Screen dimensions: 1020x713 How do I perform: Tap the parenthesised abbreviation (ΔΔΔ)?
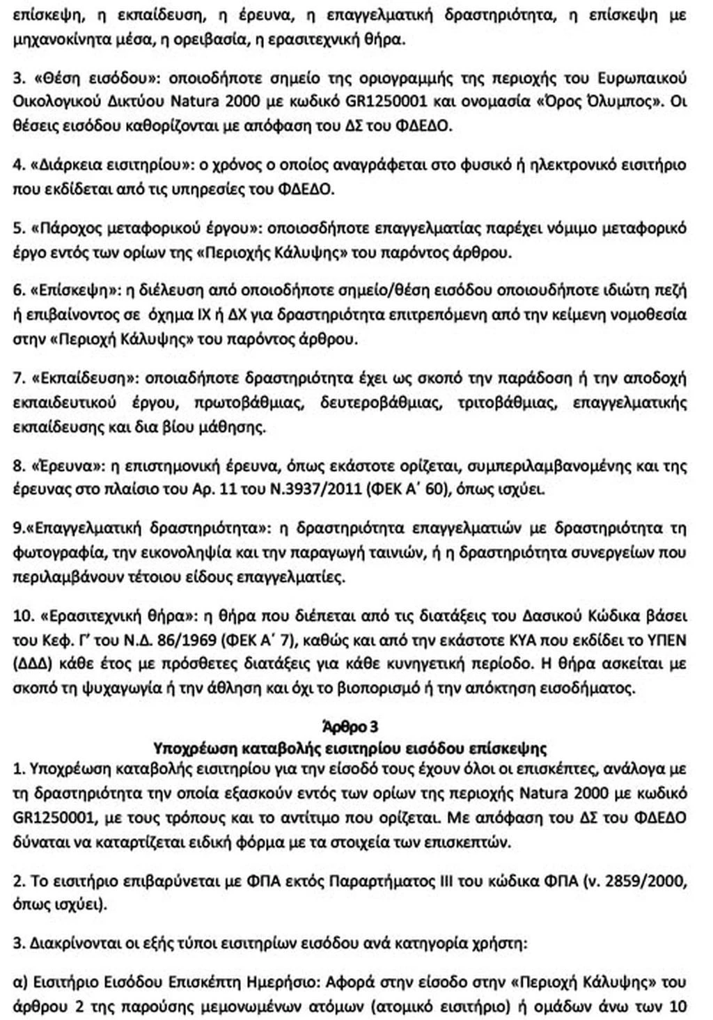click(x=33, y=664)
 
